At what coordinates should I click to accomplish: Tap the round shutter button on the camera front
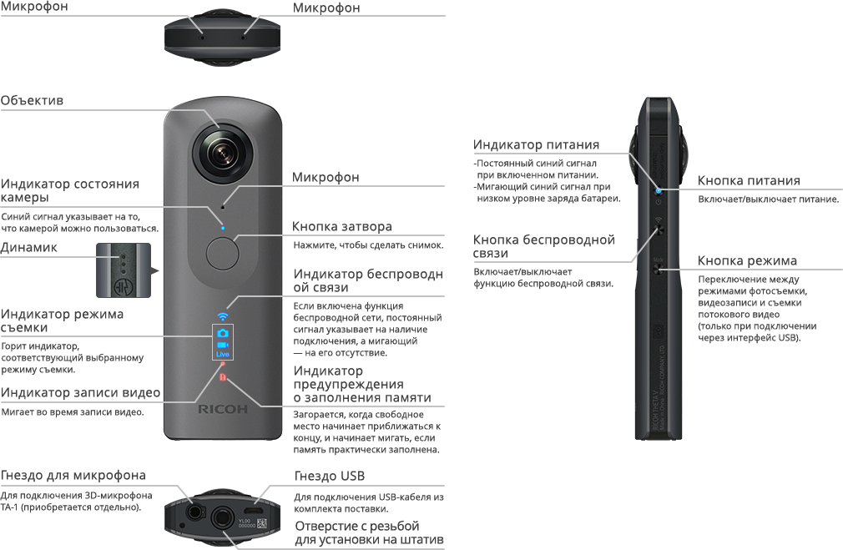click(222, 253)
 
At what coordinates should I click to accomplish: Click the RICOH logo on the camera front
click(223, 410)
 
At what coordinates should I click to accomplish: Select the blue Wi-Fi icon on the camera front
click(222, 317)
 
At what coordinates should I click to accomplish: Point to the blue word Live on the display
click(223, 355)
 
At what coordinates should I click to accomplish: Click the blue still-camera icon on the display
click(223, 332)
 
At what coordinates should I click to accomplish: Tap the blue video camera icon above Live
click(223, 344)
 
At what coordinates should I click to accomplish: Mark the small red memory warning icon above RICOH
click(222, 378)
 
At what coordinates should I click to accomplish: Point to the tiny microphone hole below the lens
click(223, 206)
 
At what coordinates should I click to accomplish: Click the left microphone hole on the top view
click(201, 36)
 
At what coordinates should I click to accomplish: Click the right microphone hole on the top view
click(244, 36)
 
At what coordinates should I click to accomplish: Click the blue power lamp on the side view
click(659, 191)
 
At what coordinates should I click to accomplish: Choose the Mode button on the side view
click(659, 268)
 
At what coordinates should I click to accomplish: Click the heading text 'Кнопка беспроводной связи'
click(543, 246)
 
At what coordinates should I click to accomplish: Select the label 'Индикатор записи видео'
click(80, 393)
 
